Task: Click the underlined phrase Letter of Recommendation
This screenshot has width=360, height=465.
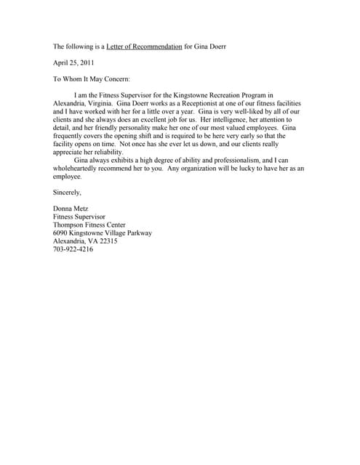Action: [x=144, y=46]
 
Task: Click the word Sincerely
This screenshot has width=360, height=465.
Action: [x=68, y=192]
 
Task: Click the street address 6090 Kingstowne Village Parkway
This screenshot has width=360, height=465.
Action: [x=103, y=233]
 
